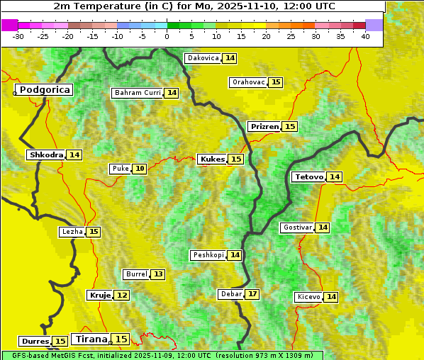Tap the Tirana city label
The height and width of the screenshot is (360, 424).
[91, 339]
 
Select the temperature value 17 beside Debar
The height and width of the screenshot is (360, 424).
[252, 294]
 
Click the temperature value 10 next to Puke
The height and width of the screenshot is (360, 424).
[140, 169]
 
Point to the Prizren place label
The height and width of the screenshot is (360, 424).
[264, 126]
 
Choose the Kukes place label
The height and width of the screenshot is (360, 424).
[213, 159]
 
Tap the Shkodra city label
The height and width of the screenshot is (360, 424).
[46, 154]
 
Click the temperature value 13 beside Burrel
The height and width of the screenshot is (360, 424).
[157, 274]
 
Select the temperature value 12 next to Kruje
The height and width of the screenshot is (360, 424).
[122, 295]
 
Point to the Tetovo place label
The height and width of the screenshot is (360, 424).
[308, 176]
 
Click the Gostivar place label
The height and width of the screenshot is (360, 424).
[296, 227]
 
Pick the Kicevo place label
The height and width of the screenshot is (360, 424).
[308, 296]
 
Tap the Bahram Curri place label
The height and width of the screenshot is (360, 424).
[138, 93]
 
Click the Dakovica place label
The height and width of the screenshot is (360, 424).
[203, 58]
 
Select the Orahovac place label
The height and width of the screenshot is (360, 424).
[248, 82]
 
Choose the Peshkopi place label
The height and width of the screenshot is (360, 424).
[208, 255]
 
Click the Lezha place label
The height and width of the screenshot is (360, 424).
[72, 232]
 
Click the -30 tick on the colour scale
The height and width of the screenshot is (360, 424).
[18, 36]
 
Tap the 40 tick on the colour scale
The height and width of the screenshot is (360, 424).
[365, 36]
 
